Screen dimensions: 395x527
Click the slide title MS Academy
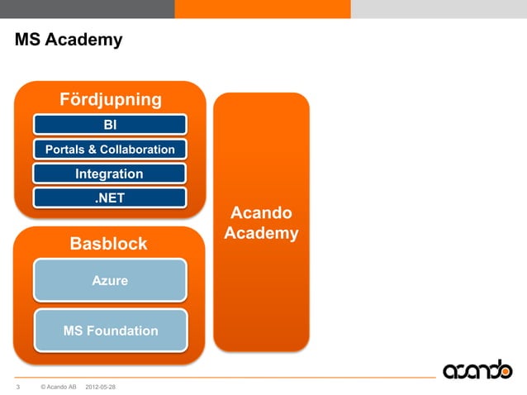[x=69, y=40]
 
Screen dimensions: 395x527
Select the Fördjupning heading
[x=110, y=100]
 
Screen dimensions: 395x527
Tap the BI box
[x=110, y=125]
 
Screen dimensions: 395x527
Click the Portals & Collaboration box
[x=110, y=150]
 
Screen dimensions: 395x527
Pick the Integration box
[x=110, y=174]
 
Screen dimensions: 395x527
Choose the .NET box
[x=110, y=198]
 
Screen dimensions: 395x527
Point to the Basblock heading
[x=108, y=244]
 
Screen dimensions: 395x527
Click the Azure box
[x=110, y=280]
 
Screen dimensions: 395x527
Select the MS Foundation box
[x=110, y=331]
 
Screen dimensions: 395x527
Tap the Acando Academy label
[x=261, y=224]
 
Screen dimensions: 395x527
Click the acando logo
[x=477, y=369]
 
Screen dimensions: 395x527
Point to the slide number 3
[x=18, y=387]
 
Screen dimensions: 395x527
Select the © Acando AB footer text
[x=58, y=387]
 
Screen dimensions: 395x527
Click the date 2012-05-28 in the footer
[x=102, y=387]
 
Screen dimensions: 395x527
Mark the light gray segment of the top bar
[x=439, y=8]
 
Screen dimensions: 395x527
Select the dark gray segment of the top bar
[x=87, y=8]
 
